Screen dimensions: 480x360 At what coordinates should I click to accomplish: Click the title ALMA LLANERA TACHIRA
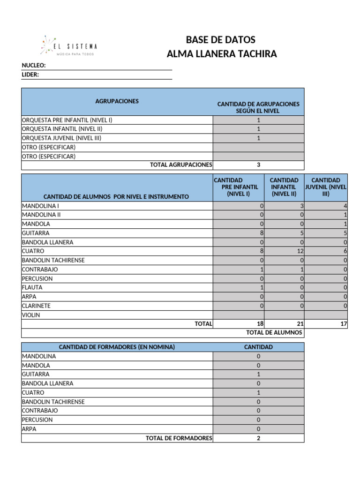pos(222,54)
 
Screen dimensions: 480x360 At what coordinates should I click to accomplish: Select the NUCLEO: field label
pos(34,66)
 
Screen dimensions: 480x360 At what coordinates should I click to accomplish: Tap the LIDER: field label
pos(30,75)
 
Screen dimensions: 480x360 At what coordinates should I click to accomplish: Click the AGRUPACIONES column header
pos(117,101)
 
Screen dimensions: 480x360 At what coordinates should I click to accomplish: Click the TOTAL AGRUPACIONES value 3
pos(258,165)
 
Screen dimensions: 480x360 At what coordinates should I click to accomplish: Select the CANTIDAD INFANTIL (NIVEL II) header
pos(284,187)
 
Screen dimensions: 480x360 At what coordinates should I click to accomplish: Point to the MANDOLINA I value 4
pos(345,206)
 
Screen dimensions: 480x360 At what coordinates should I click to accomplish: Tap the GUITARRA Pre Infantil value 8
pos(262,233)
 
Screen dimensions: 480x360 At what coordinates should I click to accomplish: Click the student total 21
pos(300,324)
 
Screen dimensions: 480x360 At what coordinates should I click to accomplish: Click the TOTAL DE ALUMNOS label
pos(274,333)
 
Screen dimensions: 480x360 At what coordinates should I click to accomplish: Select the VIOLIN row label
pos(31,315)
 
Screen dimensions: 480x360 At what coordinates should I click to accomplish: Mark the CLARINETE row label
pos(36,306)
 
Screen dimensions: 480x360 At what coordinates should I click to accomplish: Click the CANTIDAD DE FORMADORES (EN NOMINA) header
pos(117,347)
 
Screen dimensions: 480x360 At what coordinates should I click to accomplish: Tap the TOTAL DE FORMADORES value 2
pos(258,438)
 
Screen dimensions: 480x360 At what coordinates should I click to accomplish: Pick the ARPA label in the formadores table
pos(29,429)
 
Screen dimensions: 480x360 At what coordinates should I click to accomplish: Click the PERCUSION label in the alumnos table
pos(37,278)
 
